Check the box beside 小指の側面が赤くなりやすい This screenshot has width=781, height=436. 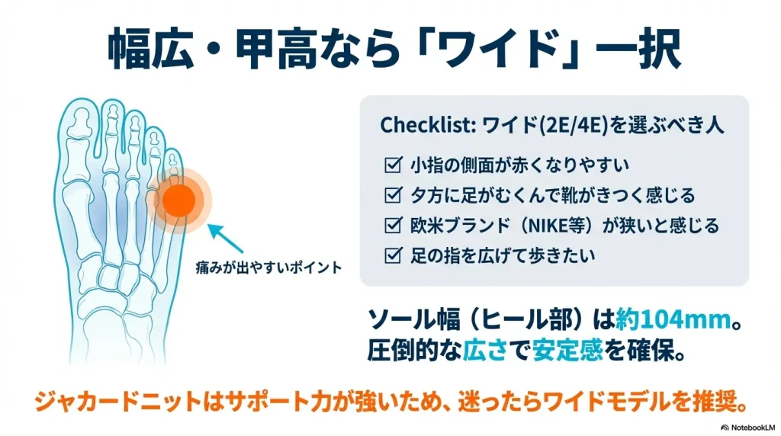click(394, 164)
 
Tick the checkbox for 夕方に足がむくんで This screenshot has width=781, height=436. click(394, 195)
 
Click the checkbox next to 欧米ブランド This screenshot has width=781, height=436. click(394, 226)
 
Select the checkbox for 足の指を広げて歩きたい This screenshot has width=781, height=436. click(394, 256)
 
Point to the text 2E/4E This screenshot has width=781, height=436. click(562, 126)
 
